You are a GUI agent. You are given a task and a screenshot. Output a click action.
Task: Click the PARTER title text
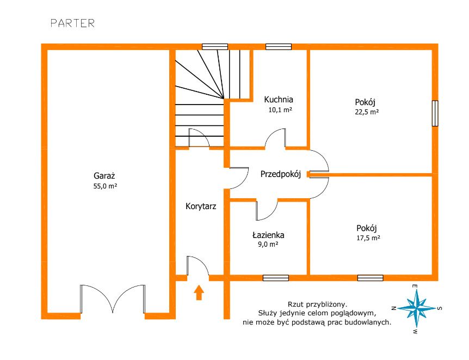click(72, 23)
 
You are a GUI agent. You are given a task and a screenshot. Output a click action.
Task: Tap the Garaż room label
click(104, 176)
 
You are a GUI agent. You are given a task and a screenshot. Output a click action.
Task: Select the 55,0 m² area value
click(105, 186)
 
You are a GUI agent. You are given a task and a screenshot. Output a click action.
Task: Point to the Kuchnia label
click(279, 100)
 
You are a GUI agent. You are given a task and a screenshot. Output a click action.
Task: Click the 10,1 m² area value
click(280, 109)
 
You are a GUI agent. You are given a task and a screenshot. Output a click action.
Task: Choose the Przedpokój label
click(281, 174)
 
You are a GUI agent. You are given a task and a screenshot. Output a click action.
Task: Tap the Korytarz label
click(201, 206)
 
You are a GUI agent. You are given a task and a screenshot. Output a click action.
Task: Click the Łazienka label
click(268, 235)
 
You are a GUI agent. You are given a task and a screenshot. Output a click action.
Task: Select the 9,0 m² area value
click(268, 244)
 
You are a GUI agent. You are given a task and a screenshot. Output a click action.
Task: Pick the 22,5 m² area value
click(367, 112)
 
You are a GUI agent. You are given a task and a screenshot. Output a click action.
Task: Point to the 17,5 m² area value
click(368, 238)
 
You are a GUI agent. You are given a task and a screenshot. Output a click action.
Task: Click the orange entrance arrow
click(199, 292)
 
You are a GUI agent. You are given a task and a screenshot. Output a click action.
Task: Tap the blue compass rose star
click(416, 308)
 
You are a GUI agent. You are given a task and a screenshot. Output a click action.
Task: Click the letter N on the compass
click(394, 308)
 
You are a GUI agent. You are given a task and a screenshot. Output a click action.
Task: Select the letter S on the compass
click(440, 308)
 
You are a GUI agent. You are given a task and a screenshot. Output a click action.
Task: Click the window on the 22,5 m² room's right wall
click(435, 113)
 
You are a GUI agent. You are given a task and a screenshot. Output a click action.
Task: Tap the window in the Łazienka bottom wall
click(276, 278)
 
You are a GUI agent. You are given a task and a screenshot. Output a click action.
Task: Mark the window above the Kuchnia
click(279, 47)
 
